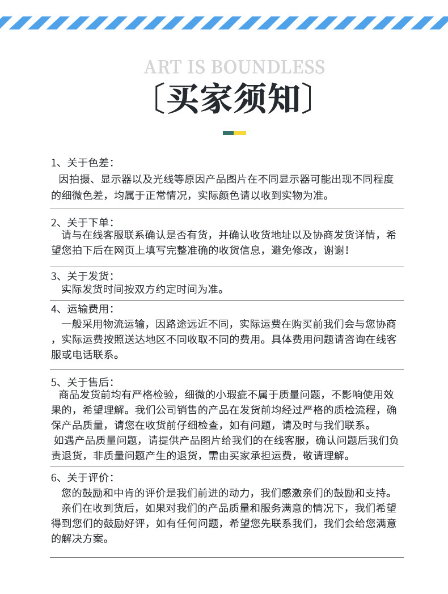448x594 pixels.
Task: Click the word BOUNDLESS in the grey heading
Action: pyautogui.click(x=268, y=67)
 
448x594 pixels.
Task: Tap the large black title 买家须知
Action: pyautogui.click(x=233, y=100)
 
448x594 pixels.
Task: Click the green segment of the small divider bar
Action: pyautogui.click(x=228, y=133)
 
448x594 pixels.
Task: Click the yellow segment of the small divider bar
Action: pyautogui.click(x=240, y=133)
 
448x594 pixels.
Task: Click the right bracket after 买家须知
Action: pyautogui.click(x=307, y=100)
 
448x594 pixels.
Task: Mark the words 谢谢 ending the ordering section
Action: pyautogui.click(x=335, y=249)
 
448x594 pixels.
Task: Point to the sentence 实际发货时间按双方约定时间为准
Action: pyautogui.click(x=141, y=290)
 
